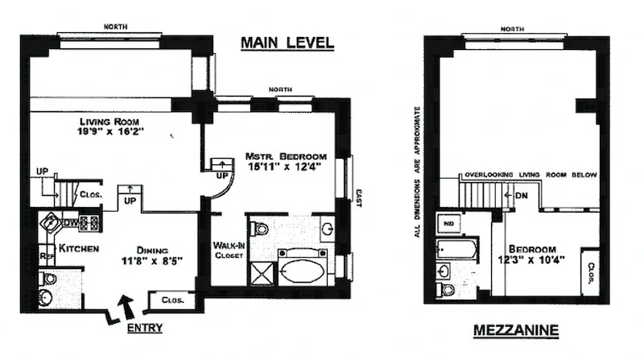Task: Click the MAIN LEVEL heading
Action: [287, 43]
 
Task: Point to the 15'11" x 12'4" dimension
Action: [287, 168]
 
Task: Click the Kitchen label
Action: [77, 248]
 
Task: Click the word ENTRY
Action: [146, 328]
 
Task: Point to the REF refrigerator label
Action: [47, 258]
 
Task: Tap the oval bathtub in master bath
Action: [305, 268]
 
